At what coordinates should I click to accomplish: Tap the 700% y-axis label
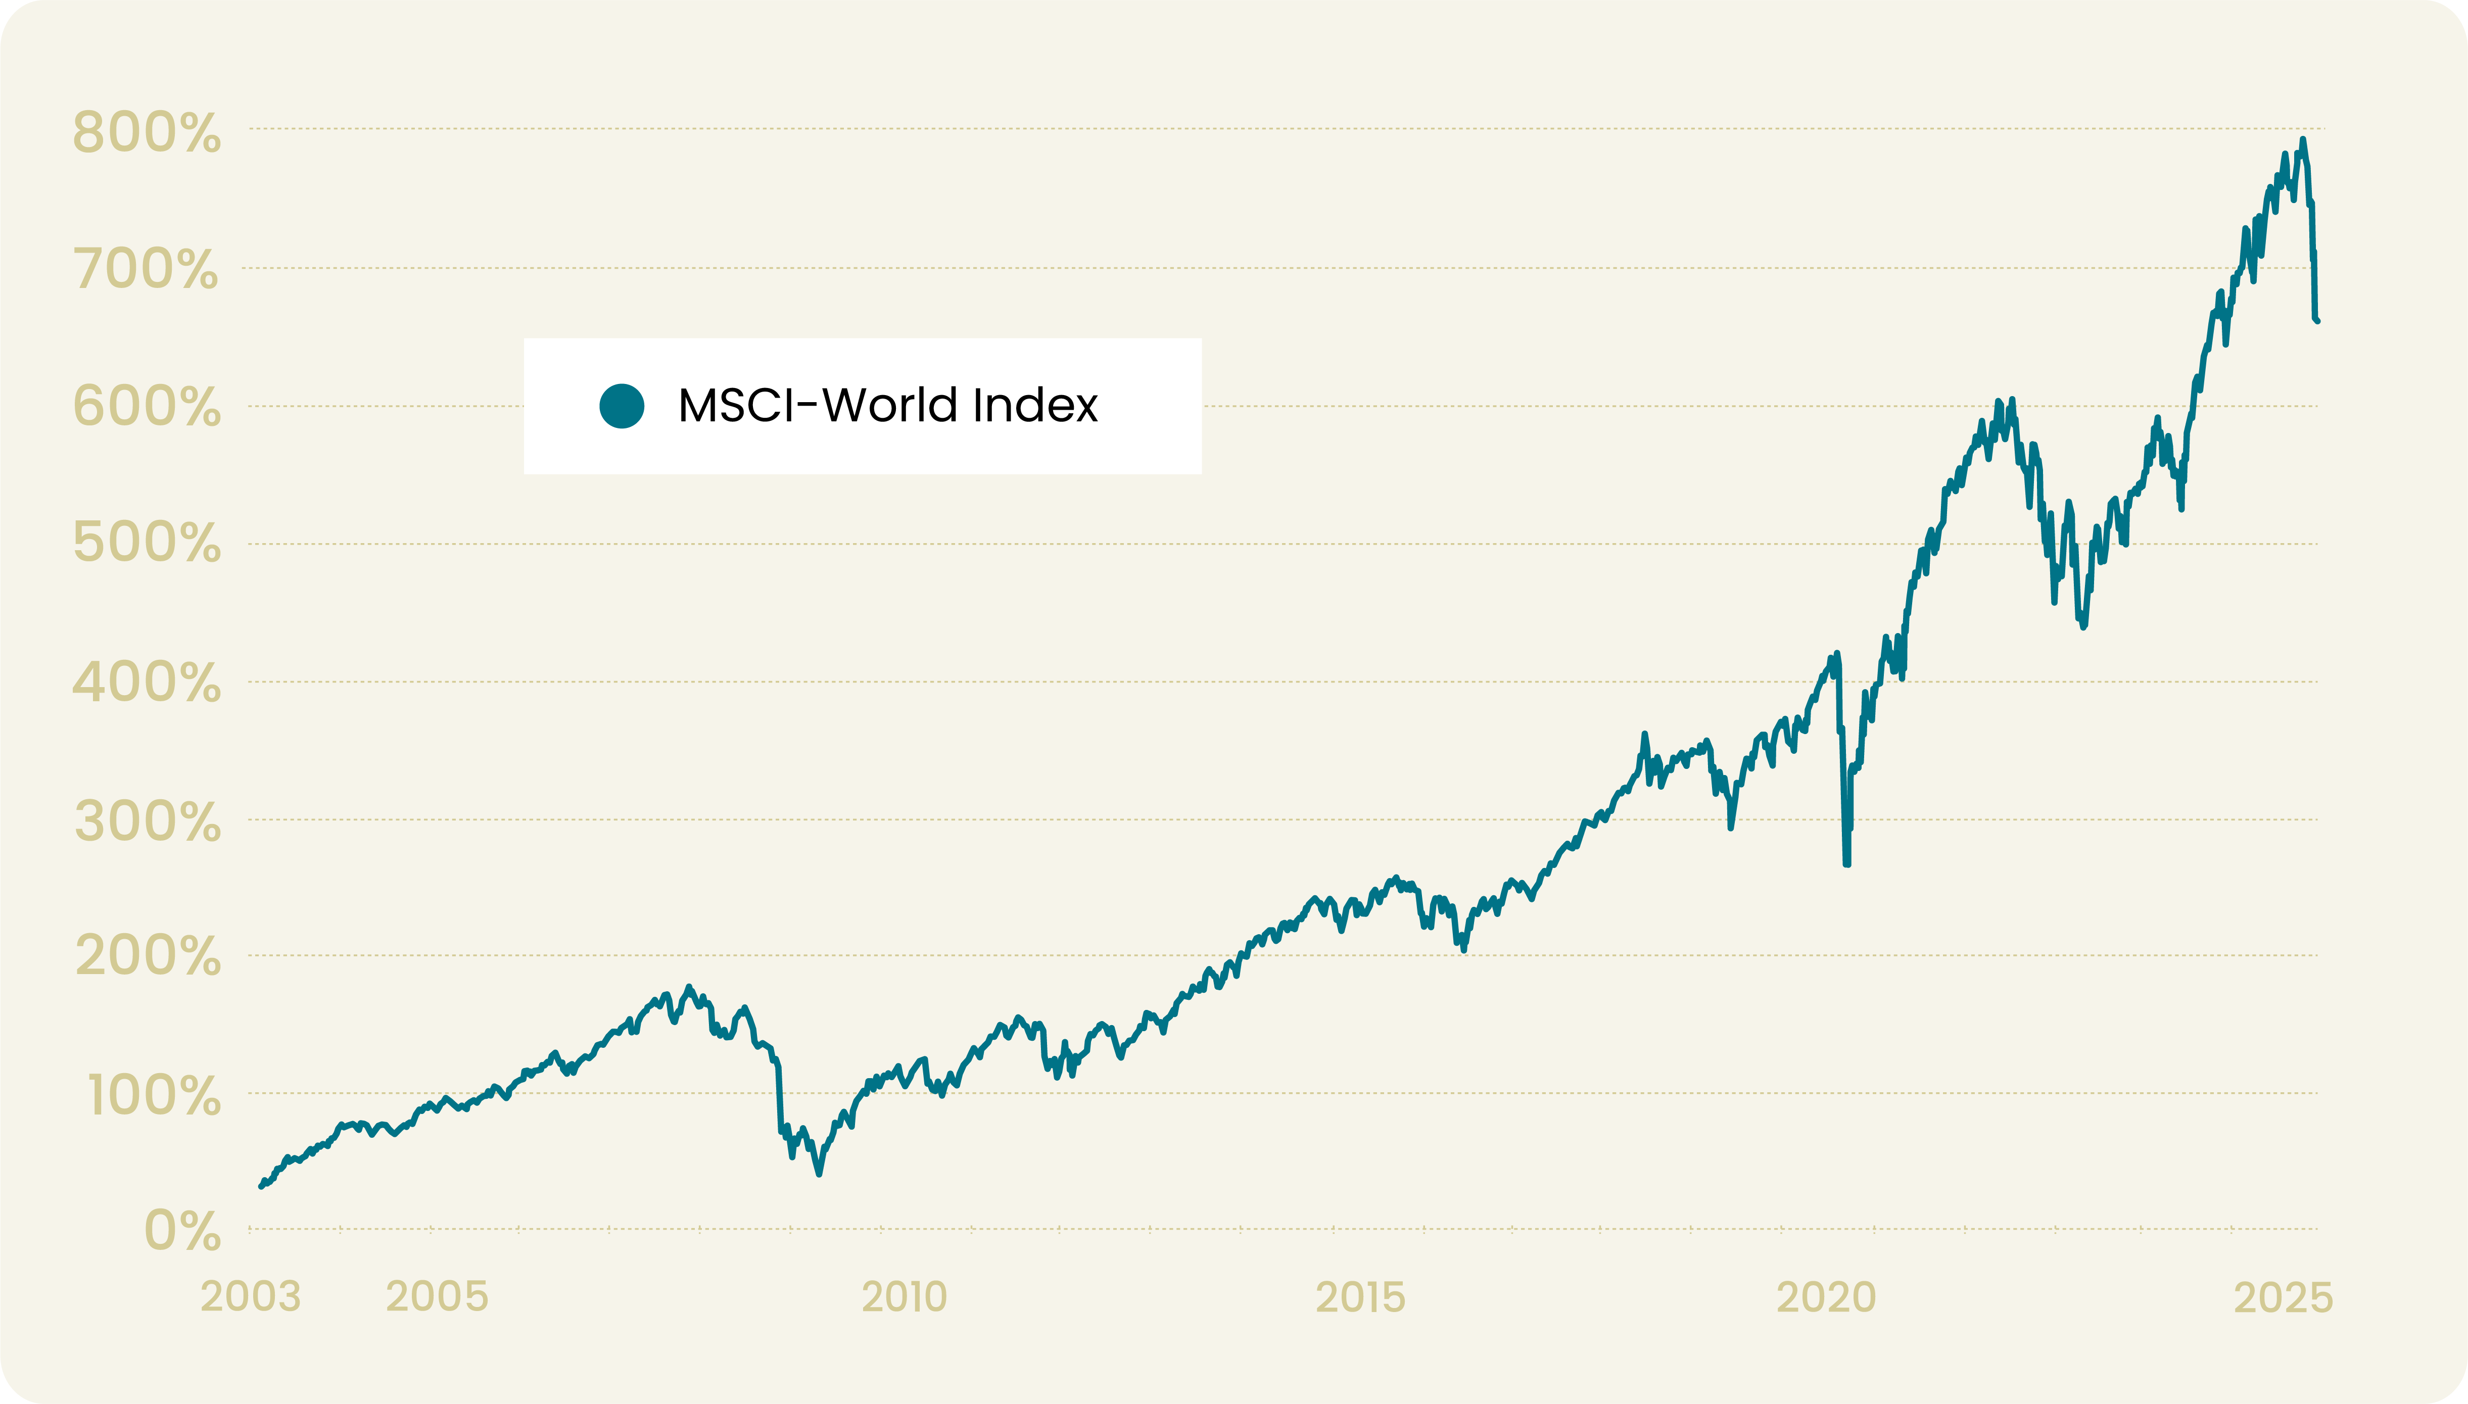pyautogui.click(x=147, y=269)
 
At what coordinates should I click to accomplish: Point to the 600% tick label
pyautogui.click(x=147, y=406)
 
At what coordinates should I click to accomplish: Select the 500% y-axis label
pyautogui.click(x=147, y=543)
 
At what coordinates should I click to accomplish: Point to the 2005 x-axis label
pyautogui.click(x=437, y=1297)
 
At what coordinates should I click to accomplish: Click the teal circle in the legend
pyautogui.click(x=622, y=406)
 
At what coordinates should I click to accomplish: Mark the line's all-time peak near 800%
pyautogui.click(x=2303, y=141)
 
